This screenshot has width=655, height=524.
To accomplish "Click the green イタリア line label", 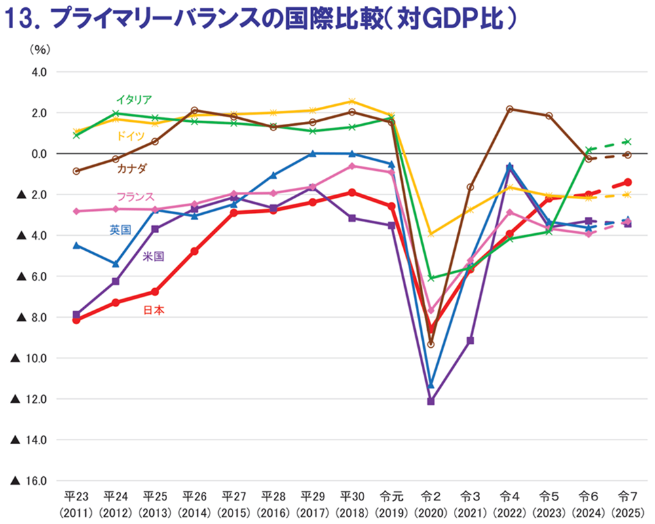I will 134,100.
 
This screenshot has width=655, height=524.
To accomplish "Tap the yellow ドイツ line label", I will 132,136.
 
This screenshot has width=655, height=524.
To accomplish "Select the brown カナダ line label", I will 132,168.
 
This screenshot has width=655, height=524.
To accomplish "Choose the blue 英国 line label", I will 120,229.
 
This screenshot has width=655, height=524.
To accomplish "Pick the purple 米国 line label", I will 153,256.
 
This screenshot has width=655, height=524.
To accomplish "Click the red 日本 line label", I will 153,310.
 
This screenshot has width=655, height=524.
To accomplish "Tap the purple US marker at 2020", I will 430,401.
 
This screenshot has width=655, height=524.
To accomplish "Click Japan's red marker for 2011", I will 76,320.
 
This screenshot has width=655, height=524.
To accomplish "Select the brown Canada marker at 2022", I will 510,109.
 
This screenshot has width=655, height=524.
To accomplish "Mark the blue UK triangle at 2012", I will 115,264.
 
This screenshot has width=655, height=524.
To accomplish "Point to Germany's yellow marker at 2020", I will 430,233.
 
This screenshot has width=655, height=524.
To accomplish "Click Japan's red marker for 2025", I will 627,182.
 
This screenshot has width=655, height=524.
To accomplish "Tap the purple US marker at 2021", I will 470,341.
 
